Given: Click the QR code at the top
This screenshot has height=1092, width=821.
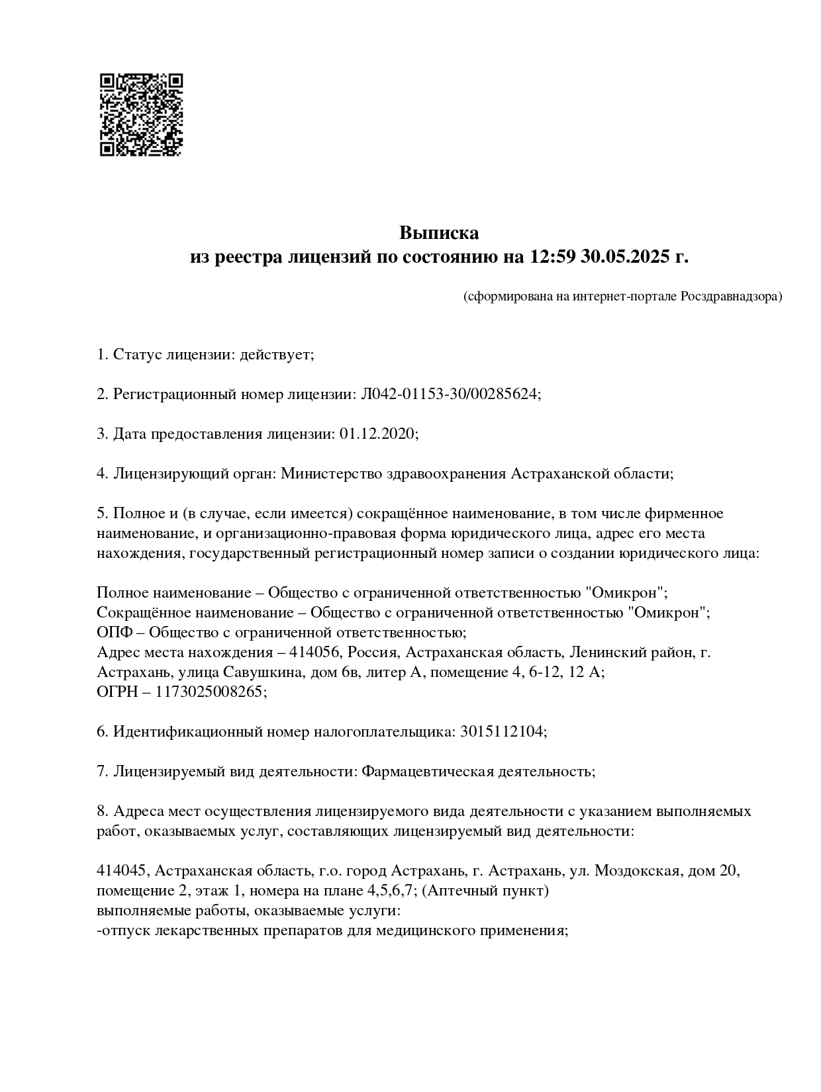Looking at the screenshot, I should point(141,114).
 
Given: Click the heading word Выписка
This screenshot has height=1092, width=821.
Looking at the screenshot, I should point(438,233).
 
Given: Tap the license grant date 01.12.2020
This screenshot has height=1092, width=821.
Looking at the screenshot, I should point(377,434).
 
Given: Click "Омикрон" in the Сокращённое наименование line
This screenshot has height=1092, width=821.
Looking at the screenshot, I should point(671,612).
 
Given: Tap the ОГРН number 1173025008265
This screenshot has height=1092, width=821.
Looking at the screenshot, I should point(209,692).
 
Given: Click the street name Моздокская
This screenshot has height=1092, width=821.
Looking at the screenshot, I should point(637,870).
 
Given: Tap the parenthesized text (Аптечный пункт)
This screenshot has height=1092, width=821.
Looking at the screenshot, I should point(485,890).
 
